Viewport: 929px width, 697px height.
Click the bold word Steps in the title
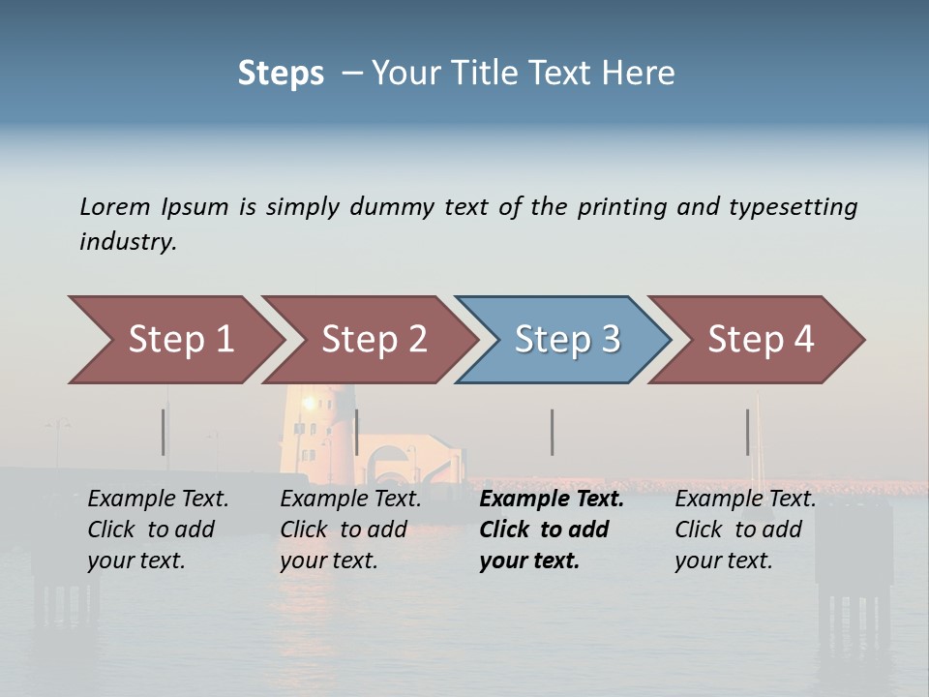[x=281, y=74]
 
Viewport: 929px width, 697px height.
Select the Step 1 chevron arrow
[x=174, y=340]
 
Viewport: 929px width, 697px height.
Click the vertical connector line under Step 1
[x=164, y=432]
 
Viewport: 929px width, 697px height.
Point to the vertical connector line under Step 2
[x=357, y=432]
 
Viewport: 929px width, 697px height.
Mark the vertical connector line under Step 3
[x=552, y=432]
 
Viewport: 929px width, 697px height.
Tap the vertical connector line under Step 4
[x=747, y=432]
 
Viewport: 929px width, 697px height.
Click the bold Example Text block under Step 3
[x=552, y=530]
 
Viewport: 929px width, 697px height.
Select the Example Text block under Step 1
[x=158, y=530]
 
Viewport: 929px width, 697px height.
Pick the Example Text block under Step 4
[x=745, y=530]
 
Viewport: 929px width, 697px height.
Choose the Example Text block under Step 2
[x=350, y=530]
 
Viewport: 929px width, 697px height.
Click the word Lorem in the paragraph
[x=115, y=207]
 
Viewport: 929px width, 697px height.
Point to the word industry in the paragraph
[x=128, y=242]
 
